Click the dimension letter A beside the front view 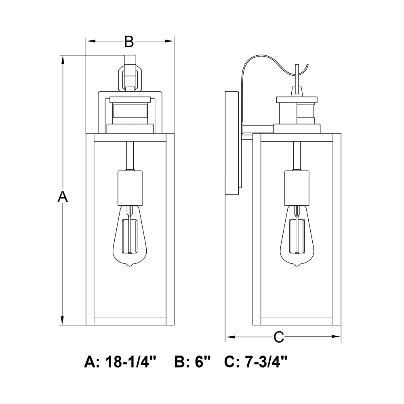(62, 197)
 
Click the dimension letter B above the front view (128, 41)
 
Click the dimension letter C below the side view (279, 337)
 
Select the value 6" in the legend (204, 362)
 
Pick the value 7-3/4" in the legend (267, 362)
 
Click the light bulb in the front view (130, 238)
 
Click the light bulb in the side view (298, 238)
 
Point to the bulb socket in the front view (130, 187)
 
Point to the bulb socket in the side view (297, 187)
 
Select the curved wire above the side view (263, 61)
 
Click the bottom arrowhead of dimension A (62, 321)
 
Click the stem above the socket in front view (130, 156)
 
